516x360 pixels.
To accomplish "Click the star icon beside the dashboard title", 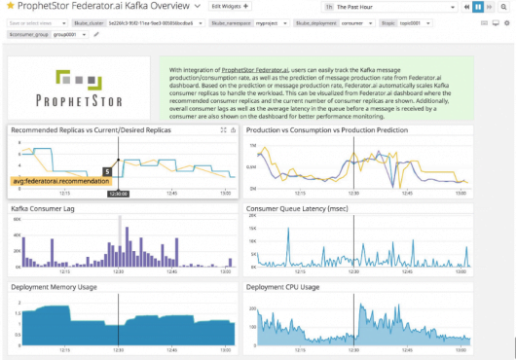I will pyautogui.click(x=9, y=8).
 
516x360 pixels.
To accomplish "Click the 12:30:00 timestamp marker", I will pyautogui.click(x=119, y=194).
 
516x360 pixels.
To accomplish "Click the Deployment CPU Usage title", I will pyautogui.click(x=282, y=287).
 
